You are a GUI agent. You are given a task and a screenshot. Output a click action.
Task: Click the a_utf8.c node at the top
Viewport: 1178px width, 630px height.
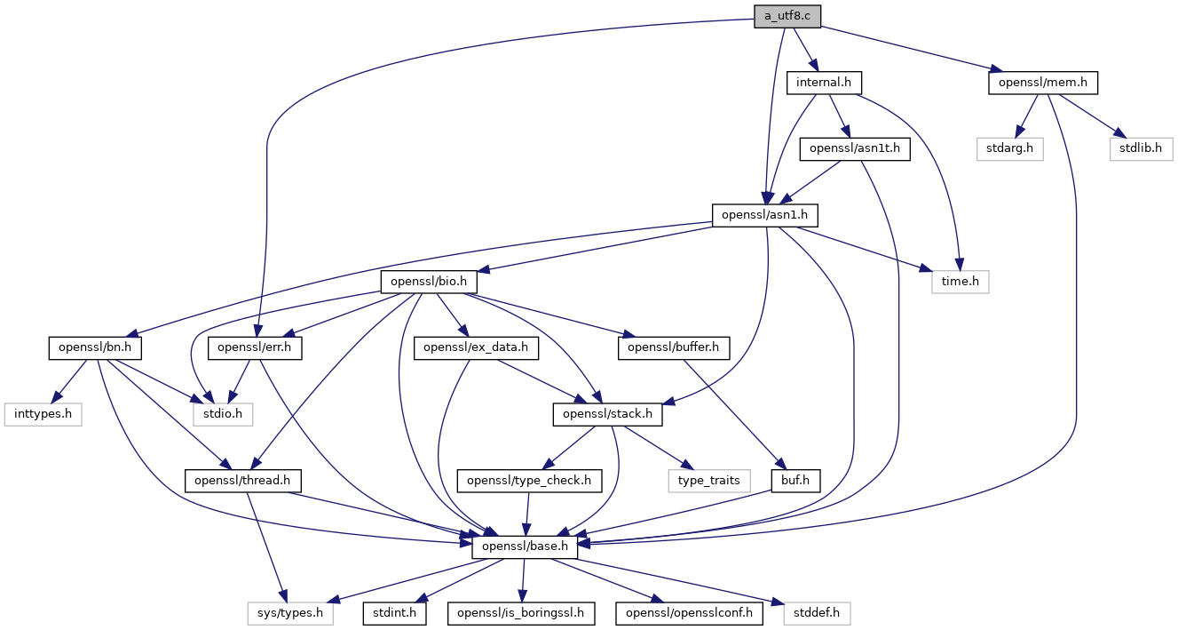coord(787,16)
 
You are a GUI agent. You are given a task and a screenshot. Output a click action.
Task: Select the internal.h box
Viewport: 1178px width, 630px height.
coord(824,83)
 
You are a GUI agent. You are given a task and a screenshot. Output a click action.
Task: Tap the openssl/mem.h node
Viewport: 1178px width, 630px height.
coord(1043,83)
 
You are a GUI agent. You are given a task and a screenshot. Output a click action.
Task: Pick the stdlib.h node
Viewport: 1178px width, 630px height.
coord(1141,148)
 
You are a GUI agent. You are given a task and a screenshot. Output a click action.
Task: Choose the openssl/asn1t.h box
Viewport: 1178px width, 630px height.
coord(855,148)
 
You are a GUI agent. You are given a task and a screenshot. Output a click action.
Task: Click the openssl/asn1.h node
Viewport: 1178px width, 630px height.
coord(765,215)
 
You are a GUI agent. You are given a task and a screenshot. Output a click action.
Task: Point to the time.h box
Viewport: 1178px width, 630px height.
coord(960,282)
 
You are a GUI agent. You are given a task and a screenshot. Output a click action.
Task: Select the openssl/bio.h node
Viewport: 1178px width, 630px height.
coord(429,282)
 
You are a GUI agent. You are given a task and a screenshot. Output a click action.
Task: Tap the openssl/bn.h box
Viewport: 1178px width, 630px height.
coord(96,347)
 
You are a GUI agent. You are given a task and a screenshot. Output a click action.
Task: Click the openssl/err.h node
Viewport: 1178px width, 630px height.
coord(253,347)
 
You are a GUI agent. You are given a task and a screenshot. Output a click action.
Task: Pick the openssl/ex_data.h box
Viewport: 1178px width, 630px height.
coord(476,347)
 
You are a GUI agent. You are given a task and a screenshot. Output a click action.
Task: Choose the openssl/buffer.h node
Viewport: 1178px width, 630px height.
coord(673,347)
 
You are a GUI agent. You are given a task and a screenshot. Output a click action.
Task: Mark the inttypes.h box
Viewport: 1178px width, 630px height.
coord(43,414)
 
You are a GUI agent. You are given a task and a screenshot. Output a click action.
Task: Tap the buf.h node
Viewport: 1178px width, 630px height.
coord(795,481)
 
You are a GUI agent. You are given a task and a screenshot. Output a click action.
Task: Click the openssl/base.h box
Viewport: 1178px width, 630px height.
coord(525,546)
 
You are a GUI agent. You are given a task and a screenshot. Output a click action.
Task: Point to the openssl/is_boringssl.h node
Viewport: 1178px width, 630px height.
coord(522,613)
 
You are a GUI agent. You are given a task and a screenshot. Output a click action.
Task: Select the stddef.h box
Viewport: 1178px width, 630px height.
coord(817,613)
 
